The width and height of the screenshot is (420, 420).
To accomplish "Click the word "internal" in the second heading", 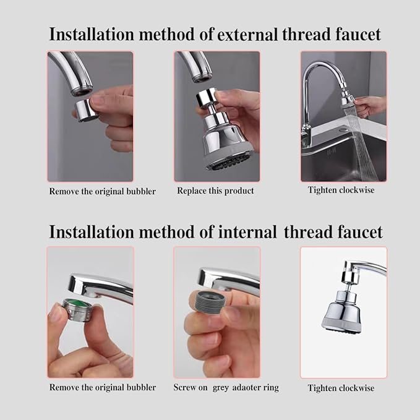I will (x=243, y=232).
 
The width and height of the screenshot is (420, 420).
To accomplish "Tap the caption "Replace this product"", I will (x=215, y=191).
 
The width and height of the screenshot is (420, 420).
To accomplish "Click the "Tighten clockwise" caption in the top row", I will (x=341, y=190).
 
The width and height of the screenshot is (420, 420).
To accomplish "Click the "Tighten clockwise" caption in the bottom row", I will (x=341, y=388).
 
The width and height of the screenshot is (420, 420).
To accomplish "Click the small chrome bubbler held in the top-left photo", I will (x=85, y=110).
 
